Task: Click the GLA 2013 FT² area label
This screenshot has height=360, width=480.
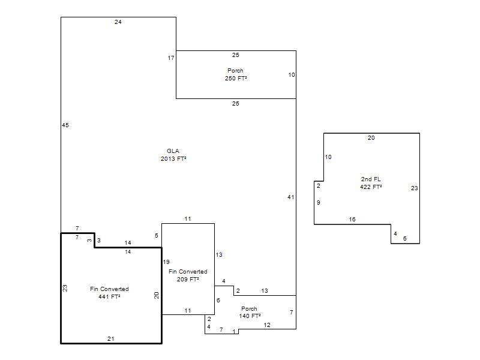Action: (x=173, y=155)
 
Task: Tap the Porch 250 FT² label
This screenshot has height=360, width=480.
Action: (x=236, y=74)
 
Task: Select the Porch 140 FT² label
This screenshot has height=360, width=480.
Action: (x=250, y=312)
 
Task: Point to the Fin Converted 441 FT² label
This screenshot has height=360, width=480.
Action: (x=109, y=293)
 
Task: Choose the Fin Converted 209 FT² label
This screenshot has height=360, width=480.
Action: (x=188, y=275)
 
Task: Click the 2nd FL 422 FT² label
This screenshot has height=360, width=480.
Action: (x=371, y=183)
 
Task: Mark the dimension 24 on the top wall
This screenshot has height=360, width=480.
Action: (x=118, y=22)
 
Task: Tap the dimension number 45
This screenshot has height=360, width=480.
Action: (x=65, y=125)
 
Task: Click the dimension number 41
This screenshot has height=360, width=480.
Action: (x=291, y=197)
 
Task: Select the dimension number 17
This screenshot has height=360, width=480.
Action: (x=171, y=58)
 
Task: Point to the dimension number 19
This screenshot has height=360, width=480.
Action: (x=166, y=262)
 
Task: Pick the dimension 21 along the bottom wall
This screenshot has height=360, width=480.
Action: (x=111, y=339)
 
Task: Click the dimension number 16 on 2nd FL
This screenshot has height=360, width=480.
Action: (x=352, y=220)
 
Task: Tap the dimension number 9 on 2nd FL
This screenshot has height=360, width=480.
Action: (x=319, y=203)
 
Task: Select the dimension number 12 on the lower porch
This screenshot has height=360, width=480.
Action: (x=267, y=325)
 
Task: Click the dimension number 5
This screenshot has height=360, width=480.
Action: (x=157, y=236)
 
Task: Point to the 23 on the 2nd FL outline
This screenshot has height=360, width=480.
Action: (x=415, y=188)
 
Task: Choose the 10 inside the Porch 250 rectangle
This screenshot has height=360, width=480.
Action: (x=292, y=74)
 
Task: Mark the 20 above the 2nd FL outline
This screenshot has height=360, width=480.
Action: (x=371, y=138)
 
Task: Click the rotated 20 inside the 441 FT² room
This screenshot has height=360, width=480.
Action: (x=157, y=295)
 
